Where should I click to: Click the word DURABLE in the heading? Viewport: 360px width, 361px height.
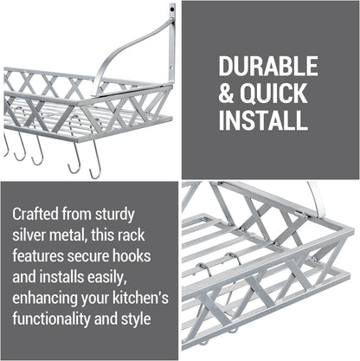268,66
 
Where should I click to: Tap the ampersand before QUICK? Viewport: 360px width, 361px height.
226,93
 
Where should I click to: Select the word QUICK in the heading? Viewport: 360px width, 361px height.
273,93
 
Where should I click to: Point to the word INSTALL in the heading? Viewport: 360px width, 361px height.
263,119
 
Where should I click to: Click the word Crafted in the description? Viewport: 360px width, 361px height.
35,214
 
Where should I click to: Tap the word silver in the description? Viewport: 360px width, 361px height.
29,235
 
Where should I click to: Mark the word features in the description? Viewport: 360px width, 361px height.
38,256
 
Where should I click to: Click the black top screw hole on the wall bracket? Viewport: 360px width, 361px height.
172,10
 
